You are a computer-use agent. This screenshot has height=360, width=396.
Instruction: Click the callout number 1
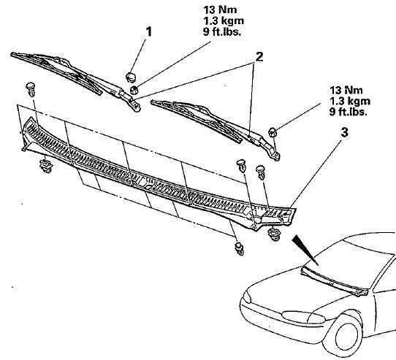point(149,32)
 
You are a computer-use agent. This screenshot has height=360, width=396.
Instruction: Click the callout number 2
point(259,57)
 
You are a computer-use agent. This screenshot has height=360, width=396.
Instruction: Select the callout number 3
point(345,133)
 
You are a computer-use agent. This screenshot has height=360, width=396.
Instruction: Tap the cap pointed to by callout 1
point(131,77)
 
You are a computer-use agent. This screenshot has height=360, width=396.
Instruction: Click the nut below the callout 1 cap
point(134,90)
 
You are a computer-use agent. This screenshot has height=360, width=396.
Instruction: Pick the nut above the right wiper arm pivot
point(273,132)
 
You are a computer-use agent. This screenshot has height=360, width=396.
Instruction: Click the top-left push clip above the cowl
point(31,89)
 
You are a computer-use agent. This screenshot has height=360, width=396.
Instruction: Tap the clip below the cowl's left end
point(46,166)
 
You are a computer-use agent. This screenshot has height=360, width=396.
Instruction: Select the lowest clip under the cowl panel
point(239,249)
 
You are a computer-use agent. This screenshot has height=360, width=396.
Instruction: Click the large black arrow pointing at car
point(305,250)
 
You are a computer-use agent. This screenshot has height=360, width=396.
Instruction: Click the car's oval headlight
point(302,317)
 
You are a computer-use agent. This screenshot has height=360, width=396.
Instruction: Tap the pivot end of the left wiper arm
point(136,107)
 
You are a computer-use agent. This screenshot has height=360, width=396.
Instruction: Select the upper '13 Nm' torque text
point(220,9)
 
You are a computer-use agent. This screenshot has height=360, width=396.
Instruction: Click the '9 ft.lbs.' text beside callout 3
point(348,111)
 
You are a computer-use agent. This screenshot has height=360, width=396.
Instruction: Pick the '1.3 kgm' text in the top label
point(224,20)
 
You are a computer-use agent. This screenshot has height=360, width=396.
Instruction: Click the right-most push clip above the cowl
point(260,172)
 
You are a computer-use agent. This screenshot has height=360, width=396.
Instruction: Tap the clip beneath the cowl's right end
point(273,234)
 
